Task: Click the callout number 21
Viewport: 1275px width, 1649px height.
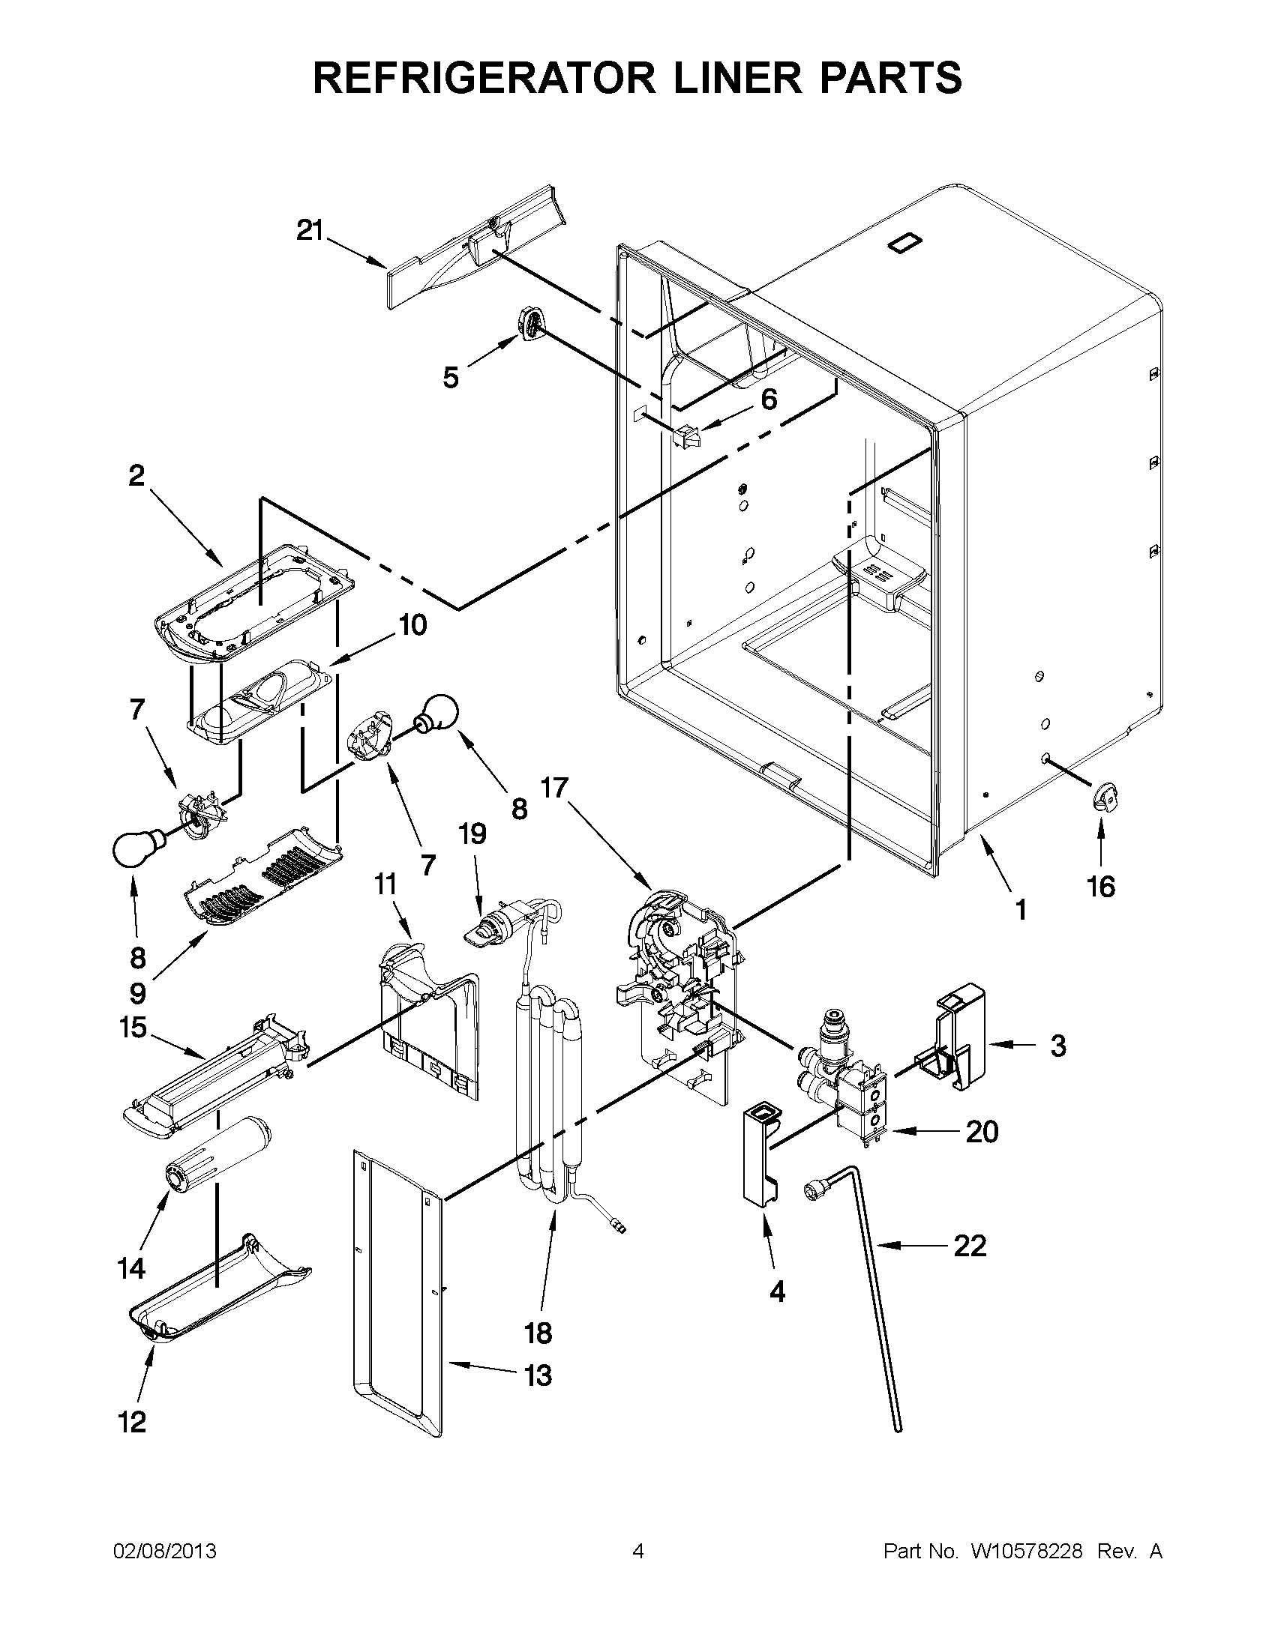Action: coord(309,230)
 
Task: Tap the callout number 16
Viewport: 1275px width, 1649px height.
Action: coord(1101,887)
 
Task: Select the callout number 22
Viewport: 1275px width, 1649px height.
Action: coord(970,1246)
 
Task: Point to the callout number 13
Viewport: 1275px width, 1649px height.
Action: coord(538,1375)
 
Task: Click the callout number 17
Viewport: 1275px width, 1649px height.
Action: coord(553,789)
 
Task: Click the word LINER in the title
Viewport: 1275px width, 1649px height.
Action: coord(679,77)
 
